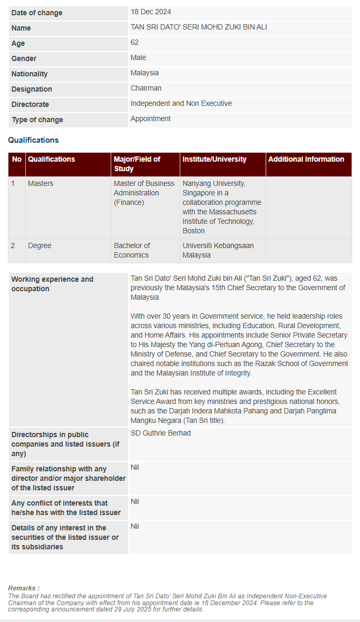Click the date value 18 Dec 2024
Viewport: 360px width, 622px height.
pyautogui.click(x=151, y=12)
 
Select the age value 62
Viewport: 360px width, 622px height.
pyautogui.click(x=135, y=42)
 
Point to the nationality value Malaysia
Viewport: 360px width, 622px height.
pyautogui.click(x=144, y=73)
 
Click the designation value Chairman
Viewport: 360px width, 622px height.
pyautogui.click(x=146, y=88)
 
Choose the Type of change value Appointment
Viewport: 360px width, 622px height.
pyautogui.click(x=150, y=119)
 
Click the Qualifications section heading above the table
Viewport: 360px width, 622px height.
pyautogui.click(x=33, y=140)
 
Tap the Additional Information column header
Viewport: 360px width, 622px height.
pyautogui.click(x=306, y=159)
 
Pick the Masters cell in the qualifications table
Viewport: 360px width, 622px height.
pyautogui.click(x=41, y=183)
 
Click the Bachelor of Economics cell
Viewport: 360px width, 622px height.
pyautogui.click(x=132, y=250)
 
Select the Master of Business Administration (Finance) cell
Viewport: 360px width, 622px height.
pyautogui.click(x=144, y=193)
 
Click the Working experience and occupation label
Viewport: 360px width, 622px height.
pyautogui.click(x=52, y=284)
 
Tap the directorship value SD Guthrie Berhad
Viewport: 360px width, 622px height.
pyautogui.click(x=161, y=433)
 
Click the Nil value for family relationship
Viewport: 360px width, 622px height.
pyautogui.click(x=135, y=467)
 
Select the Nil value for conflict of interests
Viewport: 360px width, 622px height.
pyautogui.click(x=135, y=501)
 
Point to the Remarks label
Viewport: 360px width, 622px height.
pyautogui.click(x=24, y=588)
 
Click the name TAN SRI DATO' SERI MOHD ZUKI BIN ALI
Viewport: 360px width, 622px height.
pyautogui.click(x=199, y=27)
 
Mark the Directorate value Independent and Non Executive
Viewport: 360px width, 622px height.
pyautogui.click(x=181, y=103)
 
